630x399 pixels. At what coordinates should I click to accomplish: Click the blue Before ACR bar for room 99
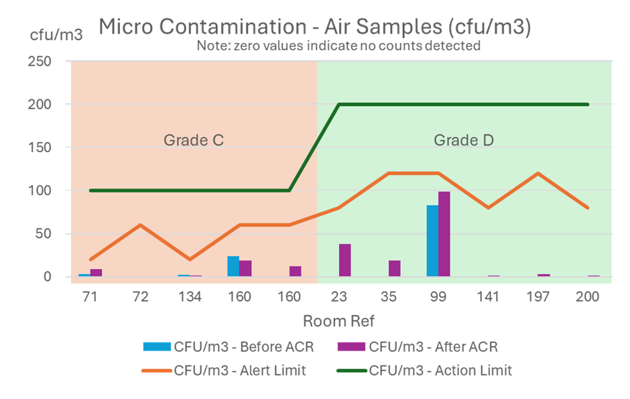coord(432,241)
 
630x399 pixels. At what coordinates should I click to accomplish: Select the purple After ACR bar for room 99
coord(444,235)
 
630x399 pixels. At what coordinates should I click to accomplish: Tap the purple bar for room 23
coord(344,260)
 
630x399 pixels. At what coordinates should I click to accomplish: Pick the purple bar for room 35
coord(395,268)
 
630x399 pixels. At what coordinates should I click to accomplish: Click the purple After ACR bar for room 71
coord(96,273)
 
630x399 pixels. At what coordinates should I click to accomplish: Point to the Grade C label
coord(193,141)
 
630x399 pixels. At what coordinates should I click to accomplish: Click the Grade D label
coord(463,141)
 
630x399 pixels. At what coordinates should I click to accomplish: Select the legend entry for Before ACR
coord(228,347)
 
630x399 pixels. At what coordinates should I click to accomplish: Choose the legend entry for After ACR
coord(433,347)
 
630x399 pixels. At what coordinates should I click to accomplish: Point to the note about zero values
coord(338,46)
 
